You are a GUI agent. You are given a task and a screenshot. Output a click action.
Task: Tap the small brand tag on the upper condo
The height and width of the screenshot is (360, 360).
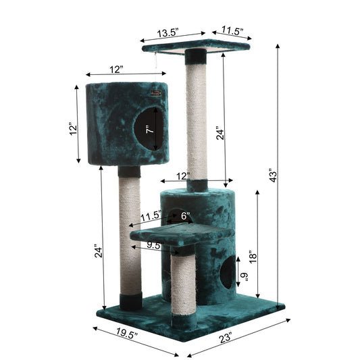pyautogui.click(x=157, y=96)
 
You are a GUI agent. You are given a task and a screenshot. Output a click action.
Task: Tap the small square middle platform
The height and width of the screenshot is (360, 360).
pyautogui.click(x=180, y=234)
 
